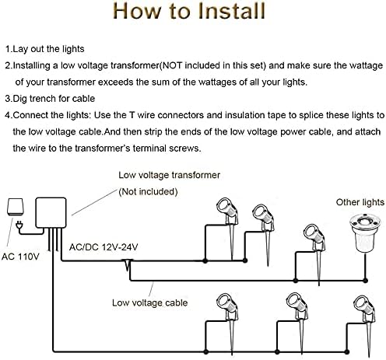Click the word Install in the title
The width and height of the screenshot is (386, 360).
[x=231, y=11]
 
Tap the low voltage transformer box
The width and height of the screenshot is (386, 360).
[x=51, y=213]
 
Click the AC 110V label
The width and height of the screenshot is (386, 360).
[x=20, y=257]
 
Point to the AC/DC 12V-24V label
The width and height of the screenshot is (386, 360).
[x=104, y=247]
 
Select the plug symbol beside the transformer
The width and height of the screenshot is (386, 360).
[x=19, y=225]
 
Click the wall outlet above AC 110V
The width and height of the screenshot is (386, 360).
[x=16, y=207]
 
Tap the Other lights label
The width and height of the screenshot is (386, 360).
[x=360, y=202]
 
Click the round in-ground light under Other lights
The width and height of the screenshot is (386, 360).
[x=365, y=232]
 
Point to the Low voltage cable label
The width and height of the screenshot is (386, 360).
[x=149, y=302]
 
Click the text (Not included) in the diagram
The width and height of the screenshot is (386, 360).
[x=148, y=192]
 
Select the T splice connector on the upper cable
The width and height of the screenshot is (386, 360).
[x=128, y=265]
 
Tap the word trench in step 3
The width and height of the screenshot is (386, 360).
[x=43, y=99]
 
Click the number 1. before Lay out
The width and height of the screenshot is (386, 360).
[x=9, y=49]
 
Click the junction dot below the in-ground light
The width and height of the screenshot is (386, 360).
[x=365, y=281]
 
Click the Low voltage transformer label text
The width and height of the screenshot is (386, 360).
[x=169, y=176]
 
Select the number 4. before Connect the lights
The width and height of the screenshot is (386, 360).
[x=9, y=115]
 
